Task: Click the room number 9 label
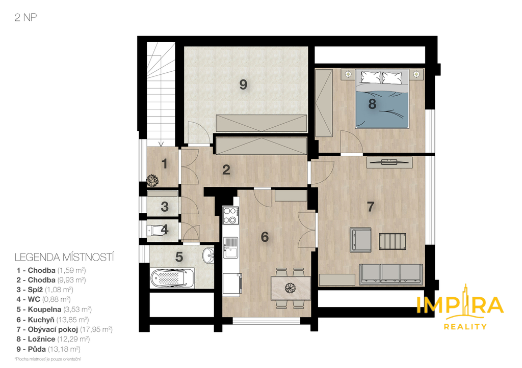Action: coord(243,84)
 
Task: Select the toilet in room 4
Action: coord(157,230)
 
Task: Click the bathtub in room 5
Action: coord(172,278)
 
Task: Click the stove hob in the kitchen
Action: coord(231,215)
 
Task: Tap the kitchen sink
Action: coord(230,247)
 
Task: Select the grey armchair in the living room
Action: coord(360,240)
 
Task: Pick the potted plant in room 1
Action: coord(152,180)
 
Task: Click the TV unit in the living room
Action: coord(389,162)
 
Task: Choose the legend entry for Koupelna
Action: coord(54,309)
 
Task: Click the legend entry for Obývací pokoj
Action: coord(65,329)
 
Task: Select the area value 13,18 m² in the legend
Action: coord(64,349)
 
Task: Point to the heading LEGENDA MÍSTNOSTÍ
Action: coord(64,258)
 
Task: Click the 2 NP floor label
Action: coord(25,17)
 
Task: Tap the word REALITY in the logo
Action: coord(465,327)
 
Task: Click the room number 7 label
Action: coord(371,207)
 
